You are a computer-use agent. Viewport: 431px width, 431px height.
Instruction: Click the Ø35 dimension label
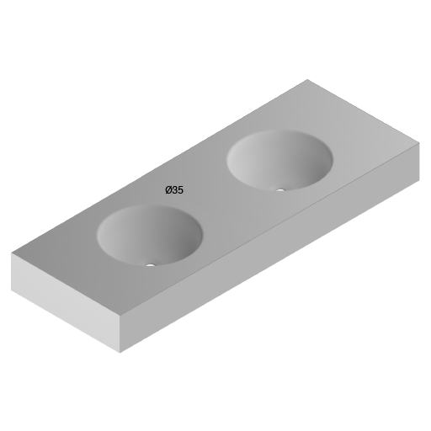(174, 190)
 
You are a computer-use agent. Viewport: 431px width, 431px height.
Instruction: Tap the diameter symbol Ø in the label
(169, 190)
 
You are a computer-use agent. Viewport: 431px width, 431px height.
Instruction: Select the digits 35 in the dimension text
(178, 190)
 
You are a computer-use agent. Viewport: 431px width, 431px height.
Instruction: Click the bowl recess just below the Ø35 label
(150, 235)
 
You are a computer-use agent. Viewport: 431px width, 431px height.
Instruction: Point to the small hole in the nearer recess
(151, 265)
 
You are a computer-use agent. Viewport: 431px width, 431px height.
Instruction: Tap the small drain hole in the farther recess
(281, 189)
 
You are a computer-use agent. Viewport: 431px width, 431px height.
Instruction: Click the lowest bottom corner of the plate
(120, 352)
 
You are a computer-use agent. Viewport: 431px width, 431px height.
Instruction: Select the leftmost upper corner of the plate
(12, 253)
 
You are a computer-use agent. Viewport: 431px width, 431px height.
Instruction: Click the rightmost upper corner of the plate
(418, 142)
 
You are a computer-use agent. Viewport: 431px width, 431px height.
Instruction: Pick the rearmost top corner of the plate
(308, 80)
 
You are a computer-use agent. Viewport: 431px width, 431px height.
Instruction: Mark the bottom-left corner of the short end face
(12, 290)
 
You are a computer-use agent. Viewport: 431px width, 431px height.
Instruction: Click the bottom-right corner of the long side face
(418, 180)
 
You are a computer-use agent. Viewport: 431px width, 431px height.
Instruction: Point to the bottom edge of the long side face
(269, 267)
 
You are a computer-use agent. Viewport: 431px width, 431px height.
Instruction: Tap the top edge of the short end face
(66, 284)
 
